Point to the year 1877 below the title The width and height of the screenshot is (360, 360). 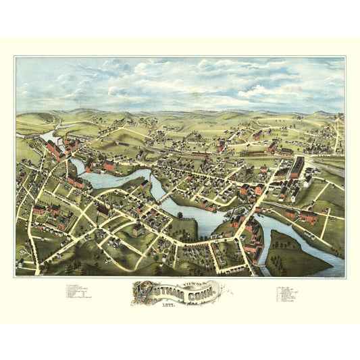coord(180,306)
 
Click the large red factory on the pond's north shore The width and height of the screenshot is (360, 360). coord(107,165)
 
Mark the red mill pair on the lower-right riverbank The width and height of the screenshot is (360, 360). coord(307,216)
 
